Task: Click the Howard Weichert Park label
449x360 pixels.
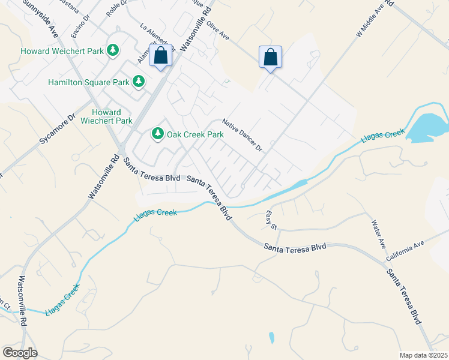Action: (x=62, y=51)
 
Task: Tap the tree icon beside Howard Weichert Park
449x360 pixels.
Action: (x=112, y=50)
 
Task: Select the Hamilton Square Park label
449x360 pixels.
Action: (x=88, y=82)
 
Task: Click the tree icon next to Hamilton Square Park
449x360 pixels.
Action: (x=139, y=81)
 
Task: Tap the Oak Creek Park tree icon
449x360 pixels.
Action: (x=158, y=133)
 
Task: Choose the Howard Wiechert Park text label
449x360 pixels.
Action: (x=111, y=116)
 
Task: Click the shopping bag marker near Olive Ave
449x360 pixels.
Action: (x=270, y=58)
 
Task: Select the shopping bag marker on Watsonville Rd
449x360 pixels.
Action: (x=161, y=56)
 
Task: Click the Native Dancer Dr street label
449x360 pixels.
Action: (x=243, y=135)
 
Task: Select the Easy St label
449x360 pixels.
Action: (x=271, y=218)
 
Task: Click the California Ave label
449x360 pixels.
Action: (x=405, y=251)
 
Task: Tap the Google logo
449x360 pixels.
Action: (x=19, y=353)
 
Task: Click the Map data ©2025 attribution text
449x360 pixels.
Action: (x=423, y=355)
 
